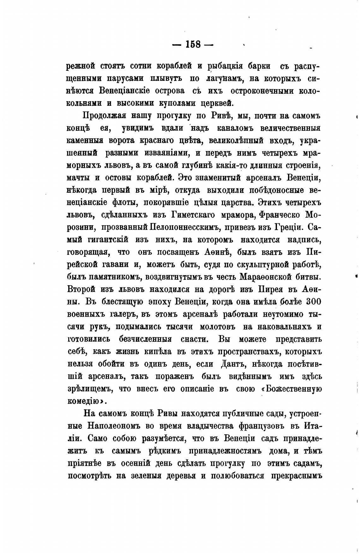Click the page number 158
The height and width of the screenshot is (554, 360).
(x=193, y=45)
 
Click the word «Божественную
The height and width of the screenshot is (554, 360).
(x=291, y=388)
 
